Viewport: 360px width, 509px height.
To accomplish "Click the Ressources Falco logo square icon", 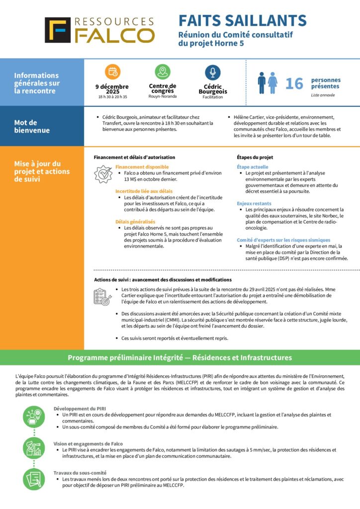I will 58,30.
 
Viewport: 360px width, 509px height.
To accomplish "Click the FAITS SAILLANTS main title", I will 243,20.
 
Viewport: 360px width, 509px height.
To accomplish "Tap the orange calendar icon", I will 112,72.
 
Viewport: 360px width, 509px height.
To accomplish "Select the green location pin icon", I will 163,72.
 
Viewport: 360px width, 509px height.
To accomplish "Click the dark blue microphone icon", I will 213,72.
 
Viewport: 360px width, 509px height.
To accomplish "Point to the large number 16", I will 294,84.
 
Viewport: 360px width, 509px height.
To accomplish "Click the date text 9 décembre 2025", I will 112,89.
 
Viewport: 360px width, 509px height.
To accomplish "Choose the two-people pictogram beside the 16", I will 268,83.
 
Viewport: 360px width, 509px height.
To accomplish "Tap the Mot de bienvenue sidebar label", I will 32,126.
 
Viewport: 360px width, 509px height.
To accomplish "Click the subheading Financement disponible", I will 142,167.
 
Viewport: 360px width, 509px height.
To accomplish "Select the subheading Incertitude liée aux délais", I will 144,191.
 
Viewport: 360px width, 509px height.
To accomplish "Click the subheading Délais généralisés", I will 135,222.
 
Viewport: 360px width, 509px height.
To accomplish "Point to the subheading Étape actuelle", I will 253,167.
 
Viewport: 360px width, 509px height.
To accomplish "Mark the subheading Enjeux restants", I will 254,203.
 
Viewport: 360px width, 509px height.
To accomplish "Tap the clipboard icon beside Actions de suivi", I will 102,296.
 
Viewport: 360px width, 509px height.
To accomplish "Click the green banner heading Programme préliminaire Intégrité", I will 180,357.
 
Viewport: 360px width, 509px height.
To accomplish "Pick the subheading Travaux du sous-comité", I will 80,473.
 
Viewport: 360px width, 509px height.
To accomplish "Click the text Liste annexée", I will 323,95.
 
